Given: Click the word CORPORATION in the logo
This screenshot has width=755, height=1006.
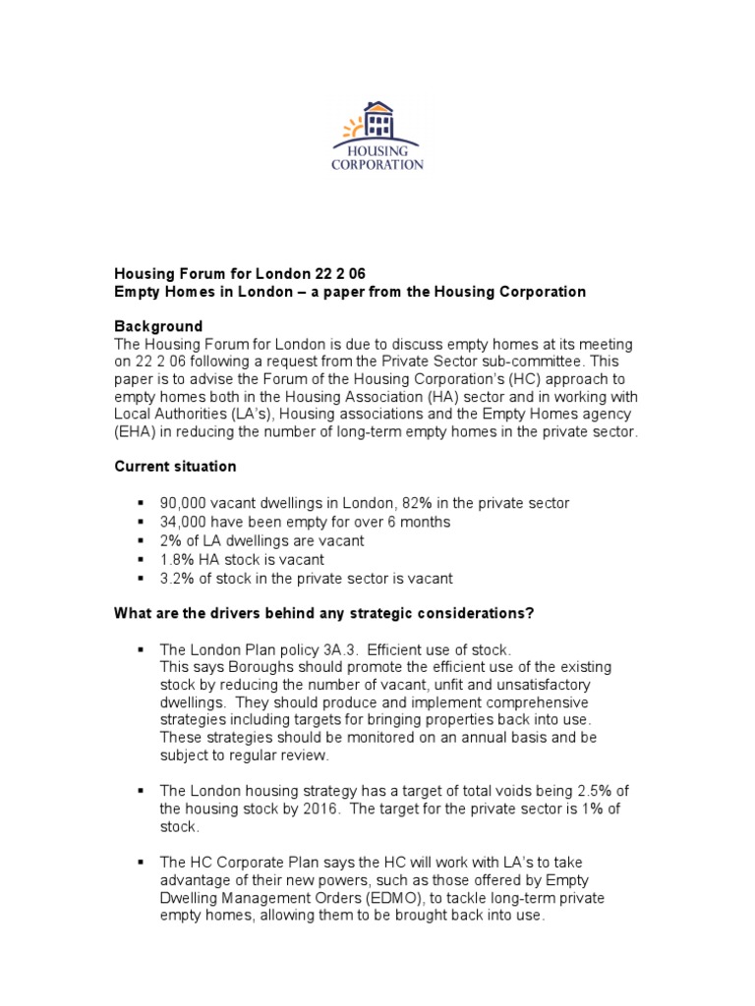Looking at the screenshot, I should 377,165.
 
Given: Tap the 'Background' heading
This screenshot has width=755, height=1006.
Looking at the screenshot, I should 159,326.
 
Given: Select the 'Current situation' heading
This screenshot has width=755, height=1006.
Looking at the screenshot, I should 175,467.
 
